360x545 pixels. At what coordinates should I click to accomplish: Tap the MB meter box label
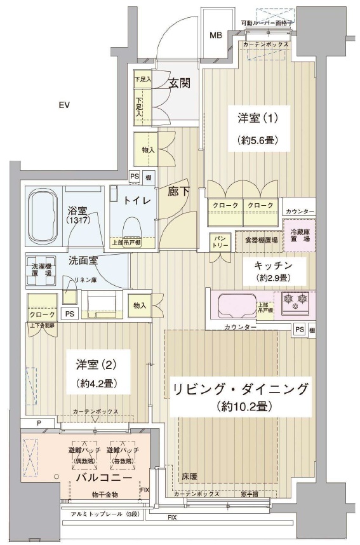click(x=216, y=35)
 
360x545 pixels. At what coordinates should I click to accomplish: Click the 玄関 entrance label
click(x=180, y=83)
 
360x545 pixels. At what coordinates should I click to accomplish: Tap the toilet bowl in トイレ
click(x=132, y=227)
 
